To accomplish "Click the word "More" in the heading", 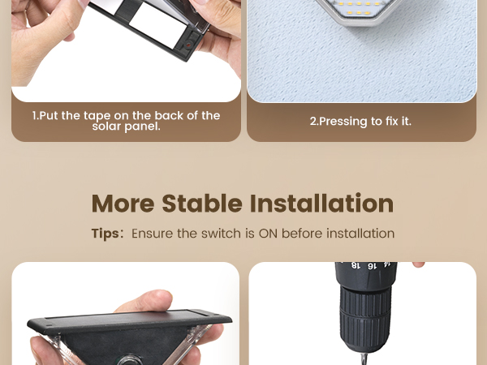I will (123, 203).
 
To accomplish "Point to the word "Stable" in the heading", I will (204, 203).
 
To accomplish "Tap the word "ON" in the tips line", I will (268, 234).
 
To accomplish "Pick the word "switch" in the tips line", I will (222, 234).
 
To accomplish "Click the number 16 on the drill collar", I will (372, 266).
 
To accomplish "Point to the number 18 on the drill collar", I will (356, 266).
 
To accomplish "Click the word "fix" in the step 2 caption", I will (382, 121).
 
